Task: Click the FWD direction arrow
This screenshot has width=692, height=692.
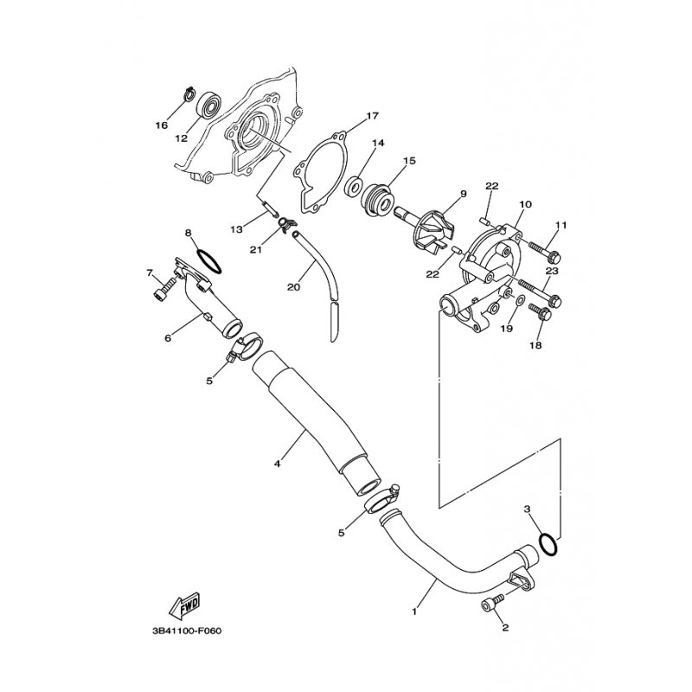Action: (184, 604)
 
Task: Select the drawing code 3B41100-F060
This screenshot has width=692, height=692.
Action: (187, 631)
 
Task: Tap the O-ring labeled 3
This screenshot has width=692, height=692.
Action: (548, 544)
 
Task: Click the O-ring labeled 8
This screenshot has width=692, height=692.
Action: (209, 261)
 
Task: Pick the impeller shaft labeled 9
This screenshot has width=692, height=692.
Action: (424, 230)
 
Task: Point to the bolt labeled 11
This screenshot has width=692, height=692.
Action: (544, 250)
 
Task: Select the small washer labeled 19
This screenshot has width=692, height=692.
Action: (520, 301)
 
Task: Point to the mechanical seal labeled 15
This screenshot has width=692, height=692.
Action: (377, 197)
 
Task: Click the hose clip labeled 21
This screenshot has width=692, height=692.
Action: (288, 224)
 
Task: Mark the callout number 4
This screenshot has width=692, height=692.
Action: (277, 464)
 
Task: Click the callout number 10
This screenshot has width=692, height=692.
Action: (526, 204)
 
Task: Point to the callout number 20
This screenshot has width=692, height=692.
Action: (293, 287)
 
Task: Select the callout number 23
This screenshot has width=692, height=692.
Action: (552, 271)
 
